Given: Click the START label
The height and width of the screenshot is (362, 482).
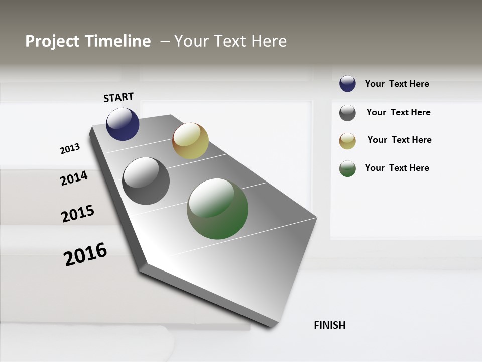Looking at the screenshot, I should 118,97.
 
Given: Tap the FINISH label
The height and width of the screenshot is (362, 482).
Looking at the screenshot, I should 329,325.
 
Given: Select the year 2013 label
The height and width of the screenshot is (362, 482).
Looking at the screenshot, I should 70,149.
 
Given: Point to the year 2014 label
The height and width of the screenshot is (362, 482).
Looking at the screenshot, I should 74,178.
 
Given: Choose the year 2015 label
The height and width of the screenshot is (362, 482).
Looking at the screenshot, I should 78,214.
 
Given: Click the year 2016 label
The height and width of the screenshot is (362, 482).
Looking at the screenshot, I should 85,254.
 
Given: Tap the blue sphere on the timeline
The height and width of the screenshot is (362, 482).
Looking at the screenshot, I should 123,124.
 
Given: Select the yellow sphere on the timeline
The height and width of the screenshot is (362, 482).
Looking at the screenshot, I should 190,141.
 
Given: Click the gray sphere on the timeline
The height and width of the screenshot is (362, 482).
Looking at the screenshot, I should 146,181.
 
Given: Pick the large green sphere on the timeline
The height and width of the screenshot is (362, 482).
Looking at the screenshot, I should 217,209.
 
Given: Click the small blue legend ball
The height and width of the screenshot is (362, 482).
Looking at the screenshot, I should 347,83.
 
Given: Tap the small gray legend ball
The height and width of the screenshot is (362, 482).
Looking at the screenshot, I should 347,113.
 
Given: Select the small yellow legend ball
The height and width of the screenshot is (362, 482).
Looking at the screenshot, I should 347,141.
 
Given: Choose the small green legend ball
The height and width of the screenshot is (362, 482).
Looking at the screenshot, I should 347,168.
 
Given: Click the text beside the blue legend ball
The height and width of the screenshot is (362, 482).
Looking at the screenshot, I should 397,84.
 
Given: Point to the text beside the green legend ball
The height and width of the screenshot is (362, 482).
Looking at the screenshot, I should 397,168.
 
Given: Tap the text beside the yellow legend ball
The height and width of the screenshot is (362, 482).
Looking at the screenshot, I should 399,140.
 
